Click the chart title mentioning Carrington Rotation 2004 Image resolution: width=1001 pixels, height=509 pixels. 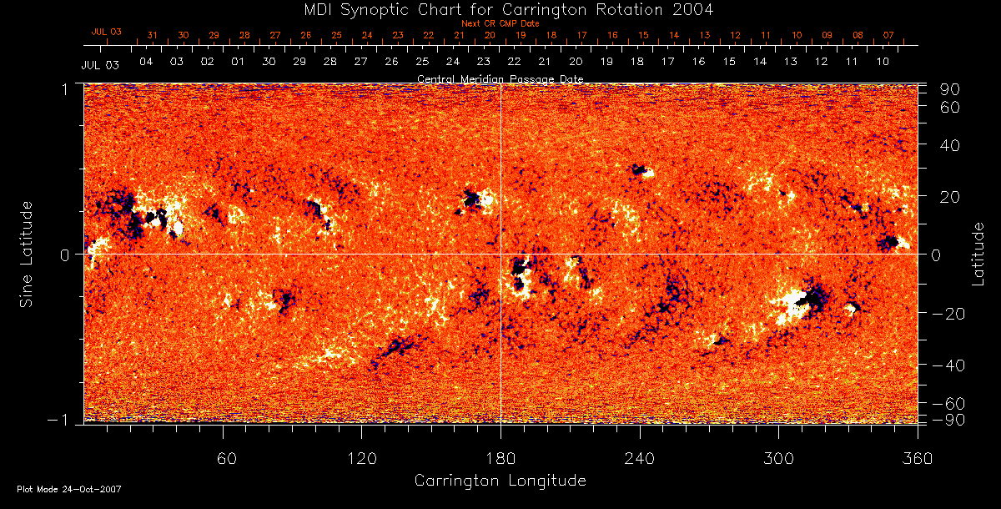point(500,9)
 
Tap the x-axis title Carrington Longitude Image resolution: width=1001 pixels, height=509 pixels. point(500,481)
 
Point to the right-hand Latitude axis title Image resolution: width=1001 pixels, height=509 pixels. point(978,254)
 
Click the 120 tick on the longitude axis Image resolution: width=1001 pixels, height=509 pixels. point(361,458)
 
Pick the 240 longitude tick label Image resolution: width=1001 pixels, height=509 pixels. point(640,458)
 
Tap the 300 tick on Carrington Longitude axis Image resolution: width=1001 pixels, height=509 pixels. point(778,458)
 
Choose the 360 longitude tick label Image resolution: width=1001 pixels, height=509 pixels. point(917,458)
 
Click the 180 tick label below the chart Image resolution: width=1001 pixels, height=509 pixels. point(500,458)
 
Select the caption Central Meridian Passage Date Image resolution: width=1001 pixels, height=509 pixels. point(500,78)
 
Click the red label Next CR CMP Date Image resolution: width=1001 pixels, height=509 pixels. point(500,24)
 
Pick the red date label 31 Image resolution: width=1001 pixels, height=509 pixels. point(152,36)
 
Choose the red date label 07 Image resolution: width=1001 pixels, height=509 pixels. point(888,36)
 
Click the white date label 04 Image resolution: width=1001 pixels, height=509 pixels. point(146,63)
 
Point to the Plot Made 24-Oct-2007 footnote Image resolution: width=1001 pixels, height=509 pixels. point(69,489)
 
